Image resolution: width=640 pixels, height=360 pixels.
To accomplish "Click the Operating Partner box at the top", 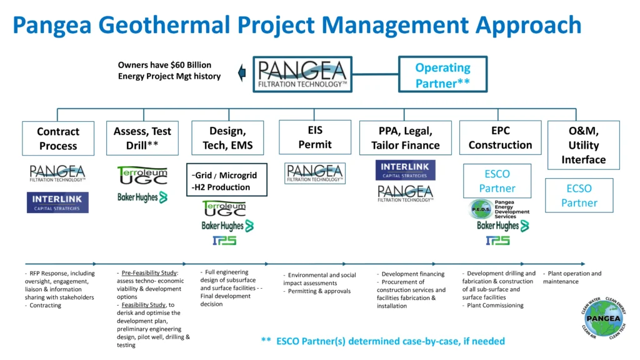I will pos(442,75).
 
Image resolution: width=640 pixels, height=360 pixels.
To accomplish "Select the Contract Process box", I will pos(57,138).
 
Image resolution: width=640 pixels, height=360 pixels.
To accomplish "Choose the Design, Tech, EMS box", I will pos(227,138).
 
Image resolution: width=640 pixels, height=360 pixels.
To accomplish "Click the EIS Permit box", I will pos(315,137).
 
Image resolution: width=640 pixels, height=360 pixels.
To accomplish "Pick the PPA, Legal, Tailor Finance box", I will pos(406,138).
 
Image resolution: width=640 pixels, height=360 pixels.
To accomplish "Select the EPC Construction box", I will pos(500,137).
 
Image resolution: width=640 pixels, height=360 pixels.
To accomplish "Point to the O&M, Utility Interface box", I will pos(583,145).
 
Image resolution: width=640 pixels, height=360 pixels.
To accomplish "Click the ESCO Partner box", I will pos(497,181).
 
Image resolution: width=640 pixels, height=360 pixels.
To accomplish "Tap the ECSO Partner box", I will pos(579,196).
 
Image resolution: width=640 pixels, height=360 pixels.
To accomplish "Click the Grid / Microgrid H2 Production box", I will pos(226,181).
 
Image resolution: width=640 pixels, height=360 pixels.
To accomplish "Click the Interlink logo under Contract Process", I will pos(57,202).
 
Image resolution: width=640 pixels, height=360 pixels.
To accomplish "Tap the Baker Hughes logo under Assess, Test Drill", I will pos(142,197).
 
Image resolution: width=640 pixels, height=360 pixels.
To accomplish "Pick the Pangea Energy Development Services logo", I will pos(500,209).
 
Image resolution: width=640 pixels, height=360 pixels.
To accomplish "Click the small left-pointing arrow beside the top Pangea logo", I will pos(242,74).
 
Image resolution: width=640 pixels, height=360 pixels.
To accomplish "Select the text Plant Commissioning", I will pos(496,306).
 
